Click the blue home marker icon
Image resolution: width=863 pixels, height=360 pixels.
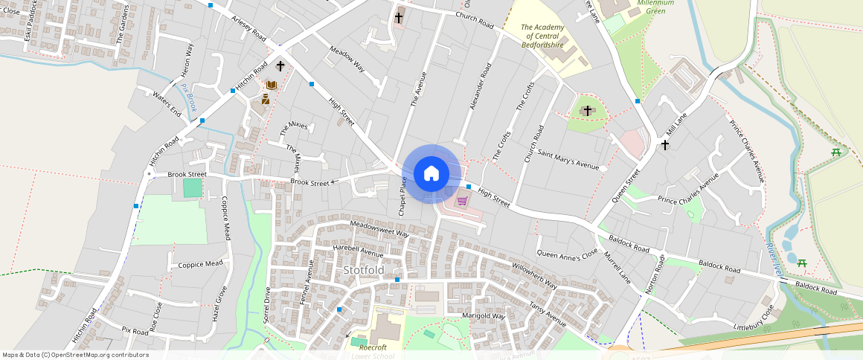click(x=431, y=174)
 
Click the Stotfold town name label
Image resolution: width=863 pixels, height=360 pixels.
click(x=364, y=269)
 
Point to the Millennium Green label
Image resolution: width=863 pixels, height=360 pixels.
click(x=655, y=7)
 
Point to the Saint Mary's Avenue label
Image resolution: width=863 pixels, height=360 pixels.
click(x=568, y=161)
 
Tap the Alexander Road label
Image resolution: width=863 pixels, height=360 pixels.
click(x=481, y=87)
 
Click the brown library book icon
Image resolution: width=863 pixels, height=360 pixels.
click(x=271, y=86)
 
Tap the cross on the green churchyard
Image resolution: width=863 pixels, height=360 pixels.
click(x=587, y=111)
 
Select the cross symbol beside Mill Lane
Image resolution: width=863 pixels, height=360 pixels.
click(x=665, y=144)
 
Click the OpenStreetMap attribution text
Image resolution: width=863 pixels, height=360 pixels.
click(x=75, y=355)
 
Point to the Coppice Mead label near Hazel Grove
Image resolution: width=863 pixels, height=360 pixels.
click(x=200, y=264)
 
